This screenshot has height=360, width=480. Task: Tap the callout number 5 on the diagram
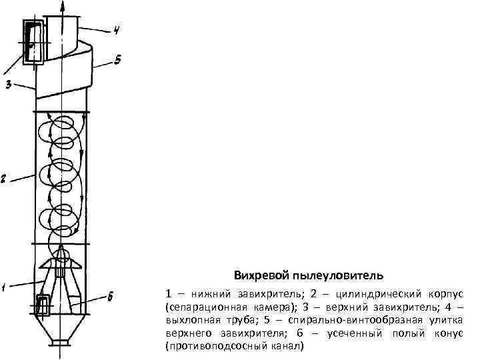click(x=117, y=61)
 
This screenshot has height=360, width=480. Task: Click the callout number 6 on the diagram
click(x=111, y=295)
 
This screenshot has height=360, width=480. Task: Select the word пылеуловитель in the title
click(x=337, y=275)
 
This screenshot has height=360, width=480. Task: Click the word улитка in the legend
click(x=446, y=321)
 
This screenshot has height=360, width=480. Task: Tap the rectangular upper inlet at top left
click(x=33, y=42)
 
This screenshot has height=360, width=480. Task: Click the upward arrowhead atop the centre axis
click(x=62, y=6)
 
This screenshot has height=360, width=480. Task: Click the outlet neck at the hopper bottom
click(x=60, y=344)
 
